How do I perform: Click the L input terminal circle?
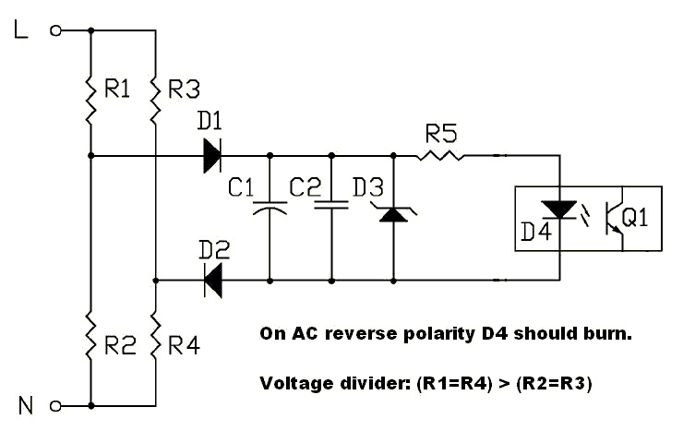54,30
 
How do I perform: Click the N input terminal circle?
54,405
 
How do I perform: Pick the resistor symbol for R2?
90,343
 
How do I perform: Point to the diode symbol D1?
212,155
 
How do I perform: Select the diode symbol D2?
212,279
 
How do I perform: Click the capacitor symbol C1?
270,208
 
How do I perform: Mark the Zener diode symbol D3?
394,214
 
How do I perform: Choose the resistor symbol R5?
440,155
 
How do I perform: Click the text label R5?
440,134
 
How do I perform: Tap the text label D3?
366,187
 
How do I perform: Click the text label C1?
241,187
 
